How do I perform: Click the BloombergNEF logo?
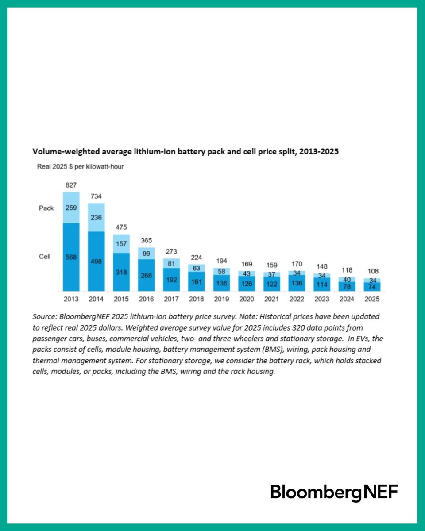coord(334,492)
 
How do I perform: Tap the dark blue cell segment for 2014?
coord(96,261)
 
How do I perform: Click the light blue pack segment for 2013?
coord(71,207)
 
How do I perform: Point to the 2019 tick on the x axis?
coord(221,299)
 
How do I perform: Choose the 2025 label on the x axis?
coord(372,299)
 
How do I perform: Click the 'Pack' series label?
coord(46,208)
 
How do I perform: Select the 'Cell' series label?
coord(45,256)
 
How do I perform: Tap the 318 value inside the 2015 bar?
coord(121,272)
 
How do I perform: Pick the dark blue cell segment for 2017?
coord(171,280)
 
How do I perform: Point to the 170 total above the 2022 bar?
coord(297,265)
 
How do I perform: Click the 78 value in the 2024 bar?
coord(347,286)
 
